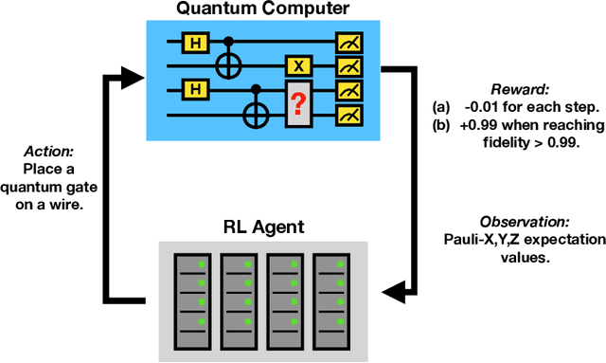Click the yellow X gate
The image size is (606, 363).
(x=298, y=66)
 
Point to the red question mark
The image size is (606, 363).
(x=298, y=101)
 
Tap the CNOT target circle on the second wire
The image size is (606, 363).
(x=228, y=66)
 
